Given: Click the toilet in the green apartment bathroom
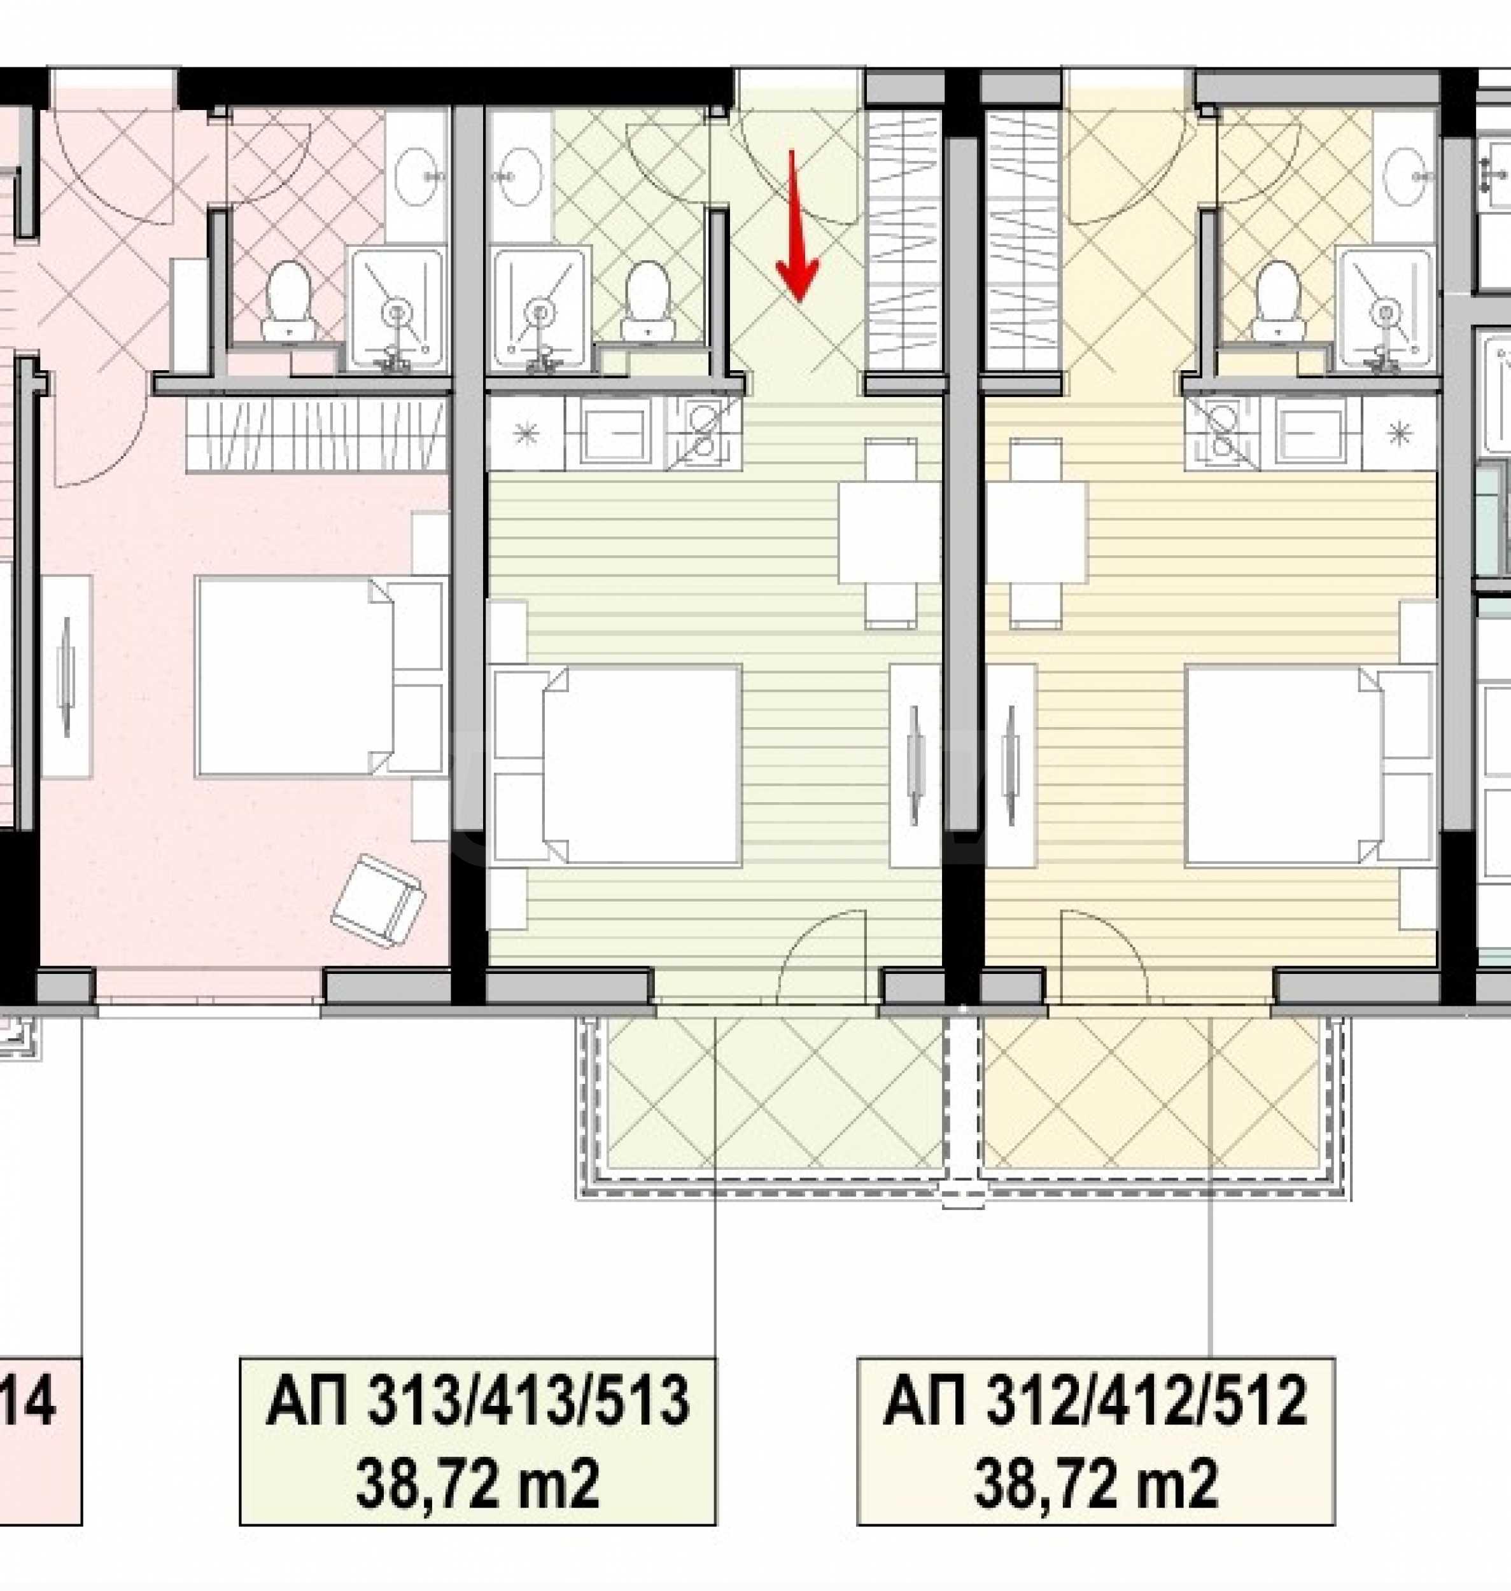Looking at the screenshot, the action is point(647,301).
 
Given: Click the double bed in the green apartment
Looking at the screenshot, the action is point(616,764).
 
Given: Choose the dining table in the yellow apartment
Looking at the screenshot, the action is point(1035,532).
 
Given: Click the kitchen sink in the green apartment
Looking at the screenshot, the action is point(615,434).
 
